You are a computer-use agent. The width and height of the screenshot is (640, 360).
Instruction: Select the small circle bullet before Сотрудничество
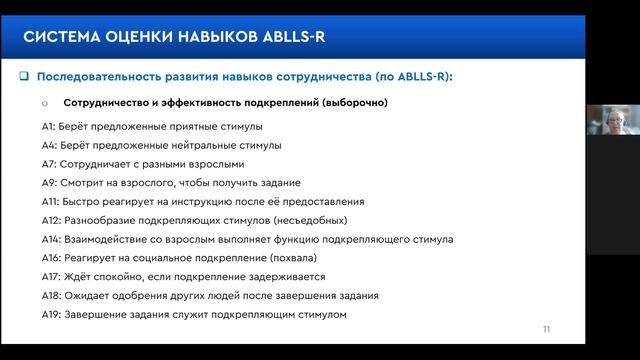(45, 103)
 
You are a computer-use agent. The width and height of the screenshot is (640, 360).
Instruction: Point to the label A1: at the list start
(43, 127)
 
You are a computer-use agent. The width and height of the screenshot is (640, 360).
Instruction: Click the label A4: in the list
(44, 146)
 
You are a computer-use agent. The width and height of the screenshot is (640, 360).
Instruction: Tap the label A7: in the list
(44, 164)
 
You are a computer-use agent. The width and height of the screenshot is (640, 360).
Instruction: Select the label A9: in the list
(44, 183)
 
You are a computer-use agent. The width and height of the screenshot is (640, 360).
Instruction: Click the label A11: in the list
(46, 202)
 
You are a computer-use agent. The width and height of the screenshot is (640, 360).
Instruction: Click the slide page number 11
(546, 330)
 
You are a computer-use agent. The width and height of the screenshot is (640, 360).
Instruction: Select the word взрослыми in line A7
(216, 164)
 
